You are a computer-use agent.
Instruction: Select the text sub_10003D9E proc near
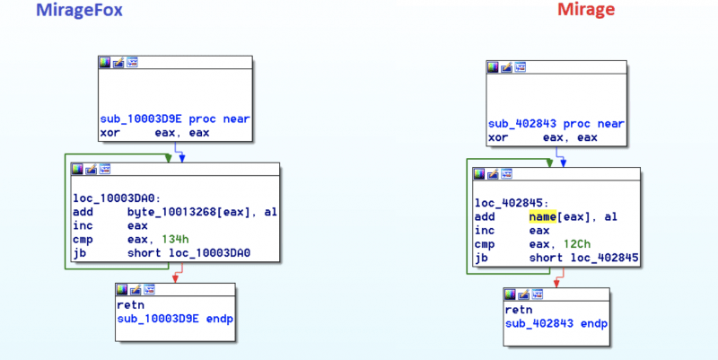pyautogui.click(x=175, y=119)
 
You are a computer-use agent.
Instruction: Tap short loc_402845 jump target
pyautogui.click(x=583, y=260)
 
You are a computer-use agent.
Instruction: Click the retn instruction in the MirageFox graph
pyautogui.click(x=131, y=305)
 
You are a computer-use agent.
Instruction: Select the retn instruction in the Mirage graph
pyautogui.click(x=519, y=310)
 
